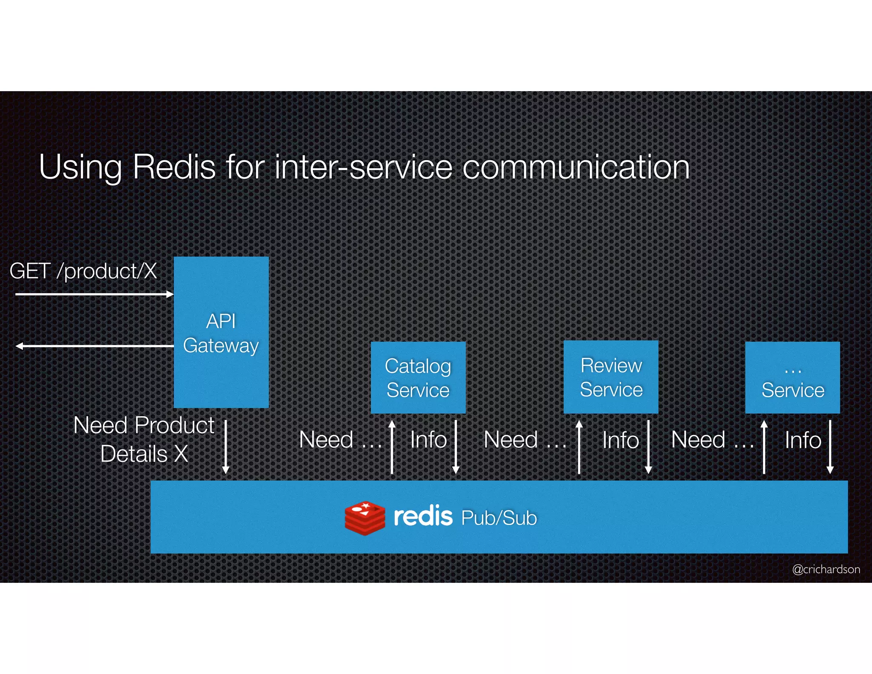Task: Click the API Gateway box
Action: pos(221,332)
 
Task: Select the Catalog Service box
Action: pos(418,377)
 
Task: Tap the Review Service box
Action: pos(611,377)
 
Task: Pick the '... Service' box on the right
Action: pos(792,377)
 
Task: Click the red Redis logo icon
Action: pos(365,518)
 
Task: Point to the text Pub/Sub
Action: pos(499,518)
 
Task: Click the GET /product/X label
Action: pos(83,271)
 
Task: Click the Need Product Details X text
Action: pos(144,439)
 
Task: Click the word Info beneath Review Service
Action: pos(620,440)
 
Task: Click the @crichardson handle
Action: pos(826,569)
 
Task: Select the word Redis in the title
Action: pos(174,167)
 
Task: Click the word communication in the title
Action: pos(576,167)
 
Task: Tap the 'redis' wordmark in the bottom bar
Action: pos(423,516)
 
